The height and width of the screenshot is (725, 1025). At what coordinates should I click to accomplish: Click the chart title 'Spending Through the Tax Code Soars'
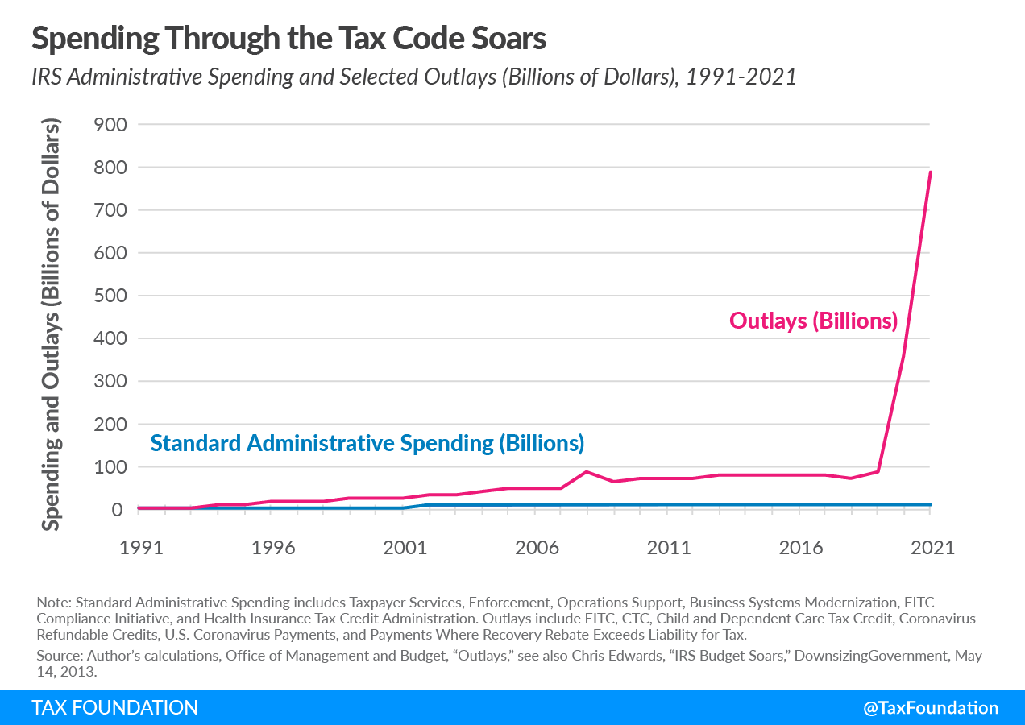pyautogui.click(x=289, y=38)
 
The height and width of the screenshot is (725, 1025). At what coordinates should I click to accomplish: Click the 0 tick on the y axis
pyautogui.click(x=116, y=510)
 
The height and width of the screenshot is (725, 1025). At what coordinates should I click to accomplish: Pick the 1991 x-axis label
pyautogui.click(x=141, y=548)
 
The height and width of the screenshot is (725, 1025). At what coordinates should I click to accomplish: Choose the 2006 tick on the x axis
pyautogui.click(x=537, y=548)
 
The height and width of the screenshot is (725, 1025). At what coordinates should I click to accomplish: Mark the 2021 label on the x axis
pyautogui.click(x=932, y=548)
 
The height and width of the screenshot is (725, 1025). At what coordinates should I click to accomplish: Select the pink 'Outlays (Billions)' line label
pyautogui.click(x=813, y=321)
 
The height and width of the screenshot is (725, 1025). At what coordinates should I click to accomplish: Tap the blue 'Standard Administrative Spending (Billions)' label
pyautogui.click(x=367, y=443)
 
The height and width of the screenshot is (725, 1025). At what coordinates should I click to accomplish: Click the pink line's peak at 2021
pyautogui.click(x=931, y=172)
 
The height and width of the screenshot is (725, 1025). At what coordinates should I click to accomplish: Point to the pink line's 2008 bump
pyautogui.click(x=587, y=472)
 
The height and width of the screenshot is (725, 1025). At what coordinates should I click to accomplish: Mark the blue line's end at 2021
pyautogui.click(x=931, y=505)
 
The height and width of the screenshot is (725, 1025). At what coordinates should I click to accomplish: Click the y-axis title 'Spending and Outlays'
pyautogui.click(x=52, y=326)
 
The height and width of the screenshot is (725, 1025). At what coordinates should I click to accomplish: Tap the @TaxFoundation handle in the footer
pyautogui.click(x=930, y=708)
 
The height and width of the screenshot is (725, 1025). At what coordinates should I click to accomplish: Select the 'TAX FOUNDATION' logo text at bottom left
pyautogui.click(x=114, y=708)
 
